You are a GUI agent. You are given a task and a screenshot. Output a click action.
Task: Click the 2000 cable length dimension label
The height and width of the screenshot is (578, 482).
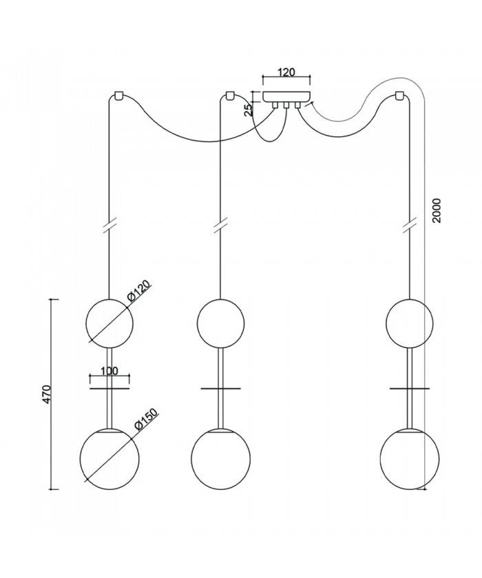pos(437,211)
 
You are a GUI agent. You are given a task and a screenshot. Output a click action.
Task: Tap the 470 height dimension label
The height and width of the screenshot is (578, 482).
pos(46,394)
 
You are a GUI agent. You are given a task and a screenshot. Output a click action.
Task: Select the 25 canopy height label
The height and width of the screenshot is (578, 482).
pos(249,109)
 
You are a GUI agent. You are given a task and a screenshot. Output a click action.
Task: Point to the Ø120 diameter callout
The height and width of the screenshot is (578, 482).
pos(139,291)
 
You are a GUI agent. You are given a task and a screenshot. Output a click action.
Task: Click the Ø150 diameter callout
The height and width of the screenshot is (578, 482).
pos(146,420)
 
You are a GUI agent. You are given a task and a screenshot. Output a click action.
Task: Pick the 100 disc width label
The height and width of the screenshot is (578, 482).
pos(109,371)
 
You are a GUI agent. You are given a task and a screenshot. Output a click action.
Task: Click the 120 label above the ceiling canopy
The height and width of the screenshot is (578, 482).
pos(286,72)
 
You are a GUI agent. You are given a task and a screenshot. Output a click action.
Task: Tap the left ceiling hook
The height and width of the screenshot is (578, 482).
pos(118,95)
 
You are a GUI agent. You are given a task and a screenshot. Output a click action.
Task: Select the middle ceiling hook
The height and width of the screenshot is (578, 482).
pos(229,95)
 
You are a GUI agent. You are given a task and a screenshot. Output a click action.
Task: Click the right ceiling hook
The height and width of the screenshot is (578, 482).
pos(398,95)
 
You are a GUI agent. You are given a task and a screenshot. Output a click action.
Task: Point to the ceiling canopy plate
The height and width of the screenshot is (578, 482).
pos(286,96)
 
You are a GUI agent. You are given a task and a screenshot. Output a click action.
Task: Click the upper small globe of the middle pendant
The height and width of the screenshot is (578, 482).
pos(220,323)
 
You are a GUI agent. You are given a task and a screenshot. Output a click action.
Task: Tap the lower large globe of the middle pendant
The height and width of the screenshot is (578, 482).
pos(220,459)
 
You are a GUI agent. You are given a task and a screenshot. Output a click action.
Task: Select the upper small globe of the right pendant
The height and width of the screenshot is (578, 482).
pos(409,323)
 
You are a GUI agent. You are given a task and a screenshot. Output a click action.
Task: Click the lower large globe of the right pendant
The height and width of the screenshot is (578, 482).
pos(409,459)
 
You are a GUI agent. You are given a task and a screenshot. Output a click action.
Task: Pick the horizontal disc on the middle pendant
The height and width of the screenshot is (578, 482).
pos(220,389)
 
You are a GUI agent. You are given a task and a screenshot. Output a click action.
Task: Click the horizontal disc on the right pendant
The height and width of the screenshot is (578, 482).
pos(409,389)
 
